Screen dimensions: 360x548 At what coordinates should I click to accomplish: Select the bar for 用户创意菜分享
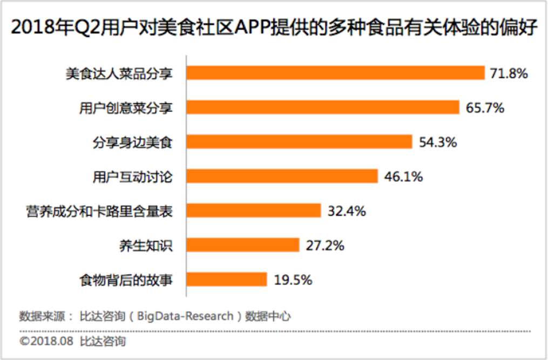point(322,107)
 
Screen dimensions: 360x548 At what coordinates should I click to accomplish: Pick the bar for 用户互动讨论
point(282,176)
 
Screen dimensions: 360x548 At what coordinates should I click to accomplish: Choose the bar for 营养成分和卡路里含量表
point(254,210)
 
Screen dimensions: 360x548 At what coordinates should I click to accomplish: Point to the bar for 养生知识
point(242,245)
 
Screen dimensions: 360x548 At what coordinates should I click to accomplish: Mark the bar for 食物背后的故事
point(227,280)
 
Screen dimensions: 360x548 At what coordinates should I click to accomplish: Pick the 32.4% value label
point(347,211)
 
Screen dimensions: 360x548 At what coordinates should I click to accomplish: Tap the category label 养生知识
point(146,246)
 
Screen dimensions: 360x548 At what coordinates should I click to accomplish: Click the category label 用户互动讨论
point(133,176)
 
